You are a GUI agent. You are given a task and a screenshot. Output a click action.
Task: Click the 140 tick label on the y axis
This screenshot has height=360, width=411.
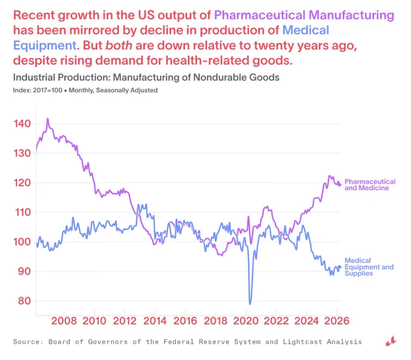tap(22, 123)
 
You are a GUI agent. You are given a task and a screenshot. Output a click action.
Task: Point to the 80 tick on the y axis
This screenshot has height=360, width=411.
tap(24, 301)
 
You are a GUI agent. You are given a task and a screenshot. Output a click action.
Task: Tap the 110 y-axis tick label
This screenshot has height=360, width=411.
tap(22, 212)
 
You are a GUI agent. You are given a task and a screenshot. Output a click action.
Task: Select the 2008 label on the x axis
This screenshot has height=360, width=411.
tap(64, 321)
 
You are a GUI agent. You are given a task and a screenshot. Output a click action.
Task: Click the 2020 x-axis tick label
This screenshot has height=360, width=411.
tap(246, 321)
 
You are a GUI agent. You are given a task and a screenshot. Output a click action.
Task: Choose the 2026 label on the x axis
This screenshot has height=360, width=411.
tap(337, 321)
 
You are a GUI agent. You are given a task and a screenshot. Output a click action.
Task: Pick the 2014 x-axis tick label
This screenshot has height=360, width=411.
tap(155, 321)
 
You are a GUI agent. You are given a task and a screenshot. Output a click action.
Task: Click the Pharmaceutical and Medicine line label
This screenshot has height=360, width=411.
tap(370, 185)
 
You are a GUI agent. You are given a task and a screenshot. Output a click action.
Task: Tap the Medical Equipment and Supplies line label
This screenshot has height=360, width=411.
tap(369, 267)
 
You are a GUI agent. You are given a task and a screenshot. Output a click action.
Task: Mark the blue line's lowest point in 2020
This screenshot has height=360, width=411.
tap(250, 304)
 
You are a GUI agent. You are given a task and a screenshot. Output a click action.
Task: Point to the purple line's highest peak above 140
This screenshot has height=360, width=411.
tap(47, 118)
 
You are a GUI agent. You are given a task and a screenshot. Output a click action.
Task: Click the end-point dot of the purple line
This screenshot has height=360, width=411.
tap(340, 185)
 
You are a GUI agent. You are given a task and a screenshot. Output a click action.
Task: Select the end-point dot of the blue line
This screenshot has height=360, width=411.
tap(340, 267)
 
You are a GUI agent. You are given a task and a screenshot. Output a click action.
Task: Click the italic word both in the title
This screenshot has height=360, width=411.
tap(118, 45)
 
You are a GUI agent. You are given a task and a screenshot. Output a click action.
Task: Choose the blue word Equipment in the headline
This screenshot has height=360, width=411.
tap(45, 46)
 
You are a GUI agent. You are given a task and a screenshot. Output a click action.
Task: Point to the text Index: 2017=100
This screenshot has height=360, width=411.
tap(37, 91)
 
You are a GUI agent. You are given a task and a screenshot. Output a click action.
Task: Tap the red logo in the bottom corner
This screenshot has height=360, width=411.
tap(391, 341)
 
